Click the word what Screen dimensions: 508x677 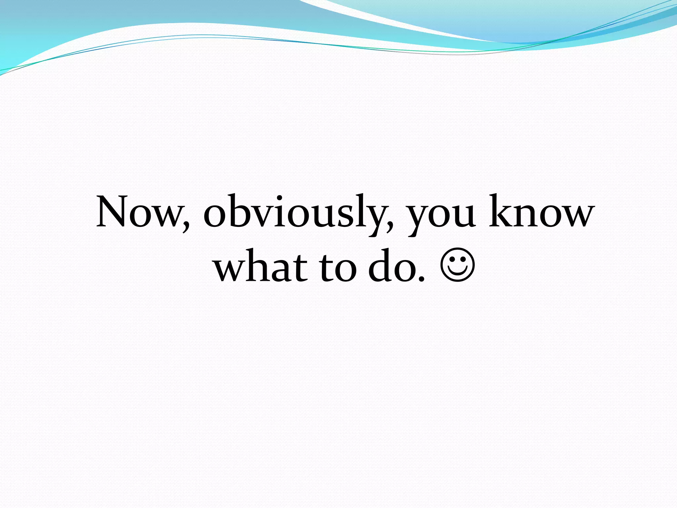coord(261,266)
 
